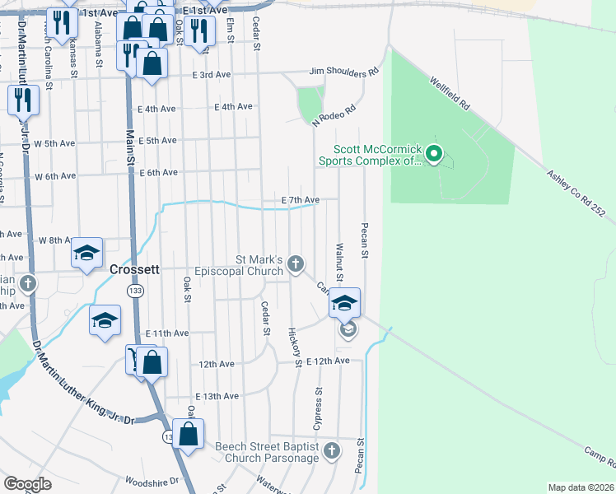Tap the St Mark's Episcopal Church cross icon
click(x=296, y=264)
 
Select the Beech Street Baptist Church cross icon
click(x=331, y=451)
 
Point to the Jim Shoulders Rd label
click(x=343, y=72)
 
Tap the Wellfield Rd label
click(x=449, y=94)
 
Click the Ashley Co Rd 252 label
click(x=576, y=194)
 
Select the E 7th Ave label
click(x=300, y=200)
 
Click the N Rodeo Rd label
click(x=334, y=115)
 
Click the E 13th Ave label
click(x=217, y=396)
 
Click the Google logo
click(x=28, y=484)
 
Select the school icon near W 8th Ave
click(x=86, y=254)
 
